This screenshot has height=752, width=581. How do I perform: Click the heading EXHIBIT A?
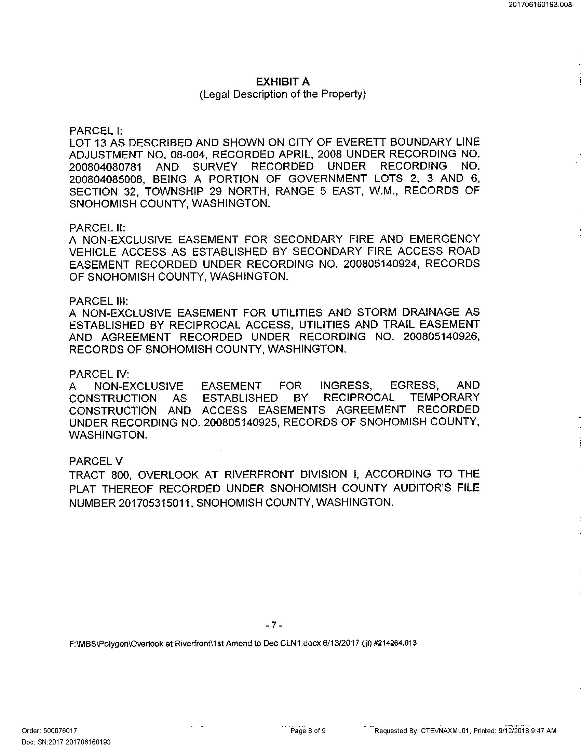pyautogui.click(x=283, y=82)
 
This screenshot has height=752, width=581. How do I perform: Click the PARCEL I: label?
pyautogui.click(x=96, y=131)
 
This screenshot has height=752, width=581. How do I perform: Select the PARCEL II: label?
pyautogui.click(x=97, y=228)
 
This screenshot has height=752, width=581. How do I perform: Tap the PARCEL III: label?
pyautogui.click(x=99, y=301)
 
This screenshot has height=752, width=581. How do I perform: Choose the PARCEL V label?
pyautogui.click(x=96, y=461)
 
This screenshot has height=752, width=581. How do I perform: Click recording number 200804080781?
pyautogui.click(x=105, y=167)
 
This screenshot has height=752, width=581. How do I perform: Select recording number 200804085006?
pyautogui.click(x=105, y=179)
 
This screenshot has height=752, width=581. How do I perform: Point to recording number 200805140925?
pyautogui.click(x=240, y=422)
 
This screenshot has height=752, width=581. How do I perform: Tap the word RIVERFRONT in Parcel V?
pyautogui.click(x=260, y=474)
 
